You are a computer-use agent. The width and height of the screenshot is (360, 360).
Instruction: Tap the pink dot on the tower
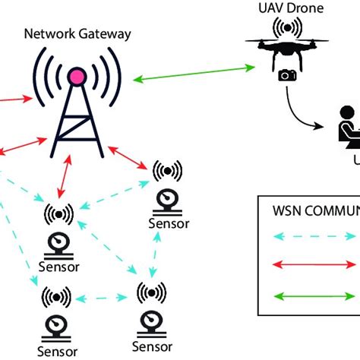pyautogui.click(x=76, y=76)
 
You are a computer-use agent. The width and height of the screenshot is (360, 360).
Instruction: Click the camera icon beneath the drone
pyautogui.click(x=287, y=75)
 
